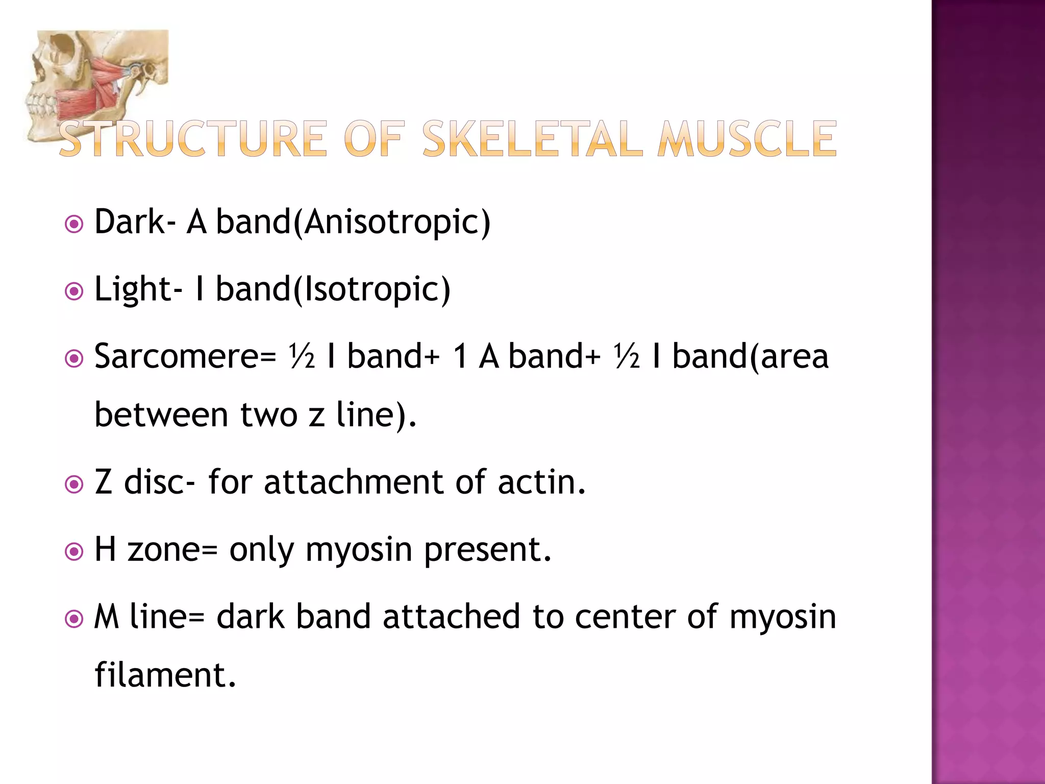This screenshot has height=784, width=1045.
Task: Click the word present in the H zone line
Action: [x=487, y=550]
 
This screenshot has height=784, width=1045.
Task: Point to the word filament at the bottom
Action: [x=165, y=675]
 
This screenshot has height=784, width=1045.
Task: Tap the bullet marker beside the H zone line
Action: [x=74, y=552]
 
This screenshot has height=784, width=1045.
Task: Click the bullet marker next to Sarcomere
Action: [x=74, y=359]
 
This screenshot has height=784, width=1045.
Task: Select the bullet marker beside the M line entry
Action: [x=74, y=619]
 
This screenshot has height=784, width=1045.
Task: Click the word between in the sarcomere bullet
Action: [x=161, y=414]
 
